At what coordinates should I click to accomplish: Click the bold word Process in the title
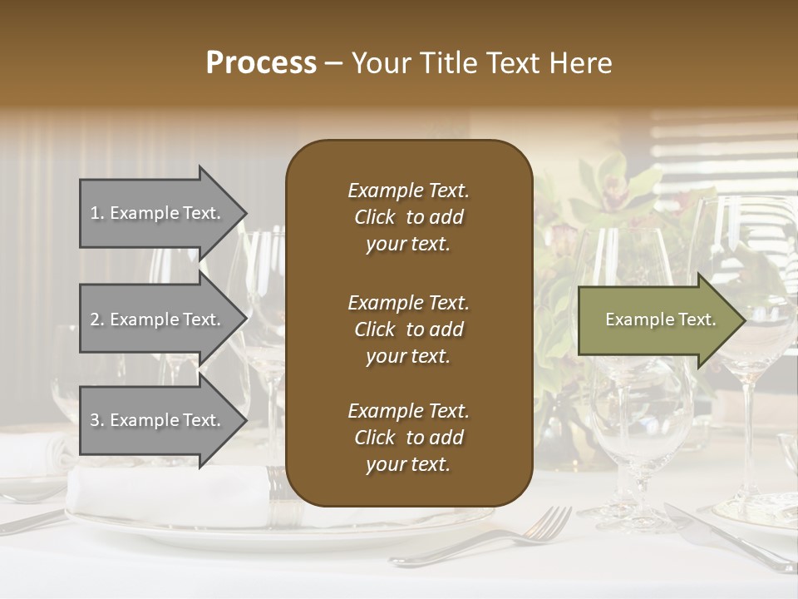pos(261,63)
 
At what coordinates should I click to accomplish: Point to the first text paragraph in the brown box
pos(408,217)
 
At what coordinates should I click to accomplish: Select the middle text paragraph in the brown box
pos(408,329)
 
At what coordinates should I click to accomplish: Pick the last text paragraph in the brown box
pos(408,438)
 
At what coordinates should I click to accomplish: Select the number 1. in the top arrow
pos(97,213)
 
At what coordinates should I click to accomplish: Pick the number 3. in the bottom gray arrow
pos(97,420)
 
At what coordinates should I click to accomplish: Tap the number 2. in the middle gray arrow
pos(97,319)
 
